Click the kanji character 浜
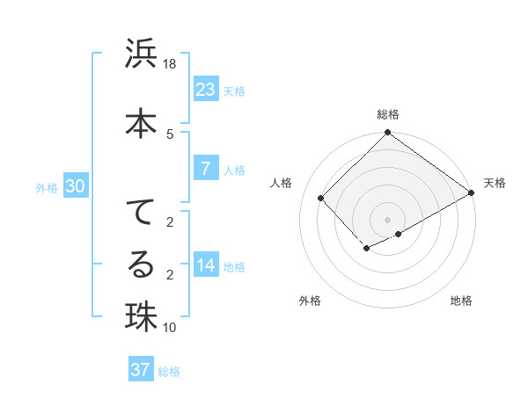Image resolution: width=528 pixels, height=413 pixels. (x=141, y=54)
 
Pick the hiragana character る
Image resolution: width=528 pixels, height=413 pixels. (x=141, y=263)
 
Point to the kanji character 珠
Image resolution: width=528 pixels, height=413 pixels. (x=141, y=315)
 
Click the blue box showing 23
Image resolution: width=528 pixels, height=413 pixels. (x=205, y=90)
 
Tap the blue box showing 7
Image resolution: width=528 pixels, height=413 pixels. (x=205, y=169)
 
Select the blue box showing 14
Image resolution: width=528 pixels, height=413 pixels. (x=205, y=265)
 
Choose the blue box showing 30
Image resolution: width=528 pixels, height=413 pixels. (x=75, y=186)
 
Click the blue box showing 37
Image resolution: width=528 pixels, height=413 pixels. (x=141, y=370)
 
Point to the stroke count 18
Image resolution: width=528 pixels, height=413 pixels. (x=170, y=64)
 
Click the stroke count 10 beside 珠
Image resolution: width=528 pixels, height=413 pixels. (x=170, y=328)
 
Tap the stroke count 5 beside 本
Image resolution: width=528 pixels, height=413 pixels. (x=170, y=134)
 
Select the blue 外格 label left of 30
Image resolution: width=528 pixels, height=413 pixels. (x=47, y=187)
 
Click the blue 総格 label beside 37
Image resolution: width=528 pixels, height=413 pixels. (x=169, y=371)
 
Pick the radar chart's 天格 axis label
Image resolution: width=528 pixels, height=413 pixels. (x=495, y=183)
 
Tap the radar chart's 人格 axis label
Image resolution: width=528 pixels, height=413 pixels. (x=282, y=183)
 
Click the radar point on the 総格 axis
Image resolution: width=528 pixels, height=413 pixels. (x=387, y=134)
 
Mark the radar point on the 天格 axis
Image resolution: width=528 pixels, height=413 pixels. (x=472, y=193)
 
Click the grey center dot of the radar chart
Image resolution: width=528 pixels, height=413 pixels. (x=387, y=219)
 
